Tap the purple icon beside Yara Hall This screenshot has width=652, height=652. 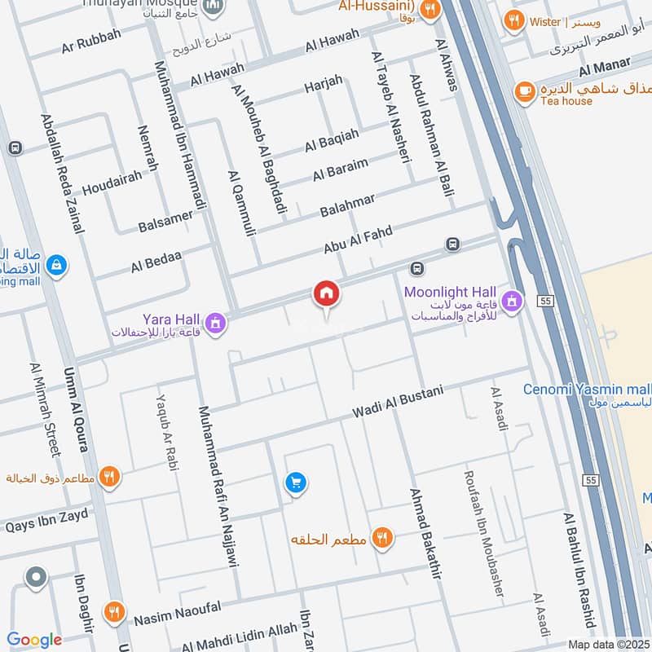coord(215,324)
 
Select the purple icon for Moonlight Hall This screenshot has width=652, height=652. coord(511,301)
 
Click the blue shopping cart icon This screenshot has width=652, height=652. coord(295,483)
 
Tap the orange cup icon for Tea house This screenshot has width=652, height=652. coord(524,91)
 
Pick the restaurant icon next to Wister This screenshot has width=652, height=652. coord(513,21)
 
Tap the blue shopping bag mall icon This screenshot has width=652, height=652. coord(56,265)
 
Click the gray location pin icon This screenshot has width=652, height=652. coord(35,578)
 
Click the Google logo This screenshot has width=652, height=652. coord(34,641)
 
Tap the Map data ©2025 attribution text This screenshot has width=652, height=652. coord(607,644)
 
